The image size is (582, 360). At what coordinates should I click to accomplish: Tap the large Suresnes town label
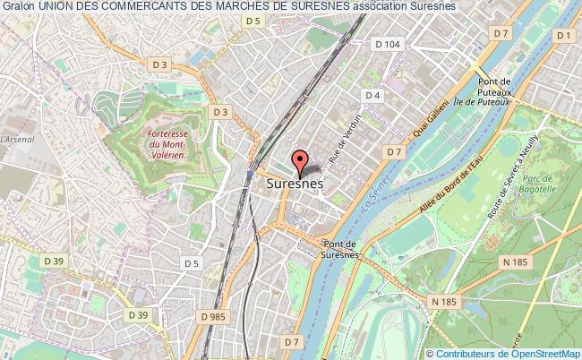(x=295, y=183)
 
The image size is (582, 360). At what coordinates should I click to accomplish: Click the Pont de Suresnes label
(x=339, y=248)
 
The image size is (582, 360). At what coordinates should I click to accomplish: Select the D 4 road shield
(x=372, y=96)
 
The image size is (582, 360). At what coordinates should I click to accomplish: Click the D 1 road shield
(x=563, y=35)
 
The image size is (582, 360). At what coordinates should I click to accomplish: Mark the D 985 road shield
(x=213, y=317)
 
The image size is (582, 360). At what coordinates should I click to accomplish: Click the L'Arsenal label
(x=17, y=139)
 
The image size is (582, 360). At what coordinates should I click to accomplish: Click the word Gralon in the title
(x=17, y=6)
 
